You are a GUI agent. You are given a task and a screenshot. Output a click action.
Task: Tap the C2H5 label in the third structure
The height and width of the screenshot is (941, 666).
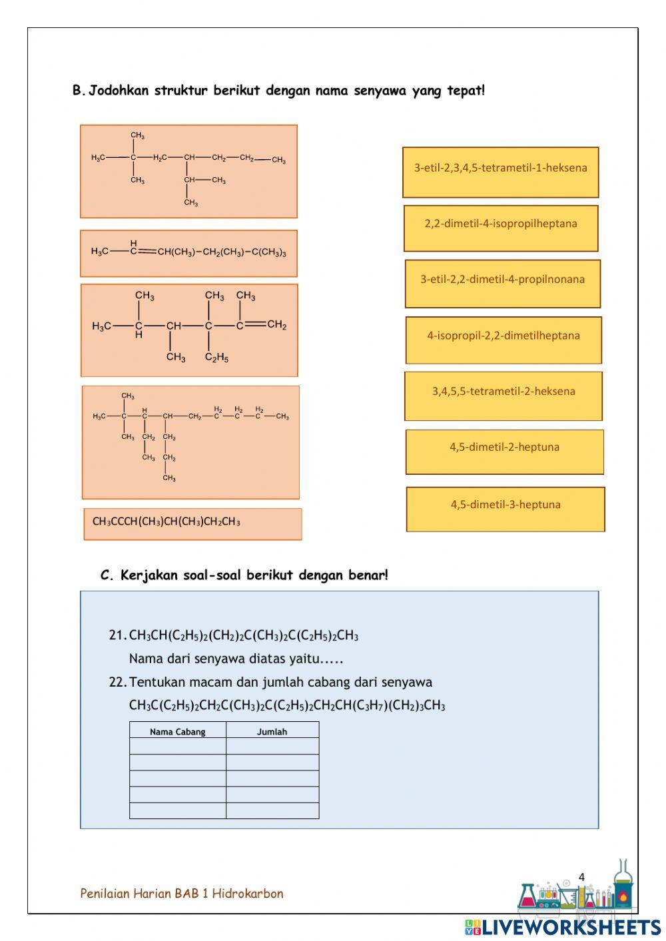click(x=216, y=358)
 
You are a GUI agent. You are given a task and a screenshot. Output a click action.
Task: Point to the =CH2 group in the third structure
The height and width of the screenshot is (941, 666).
click(x=274, y=325)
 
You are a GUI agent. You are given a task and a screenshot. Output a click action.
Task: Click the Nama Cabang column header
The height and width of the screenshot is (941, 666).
click(x=177, y=732)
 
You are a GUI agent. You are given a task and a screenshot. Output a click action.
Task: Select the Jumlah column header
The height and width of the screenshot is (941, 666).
click(x=272, y=732)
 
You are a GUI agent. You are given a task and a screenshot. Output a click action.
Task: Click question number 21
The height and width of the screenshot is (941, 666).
click(x=117, y=635)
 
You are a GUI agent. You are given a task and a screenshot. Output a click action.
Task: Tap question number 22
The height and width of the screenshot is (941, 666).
click(x=117, y=682)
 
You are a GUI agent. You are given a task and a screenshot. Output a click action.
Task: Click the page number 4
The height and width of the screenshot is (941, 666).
click(x=581, y=877)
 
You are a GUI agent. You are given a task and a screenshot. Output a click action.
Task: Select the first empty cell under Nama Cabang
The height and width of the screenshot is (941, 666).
click(x=177, y=747)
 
